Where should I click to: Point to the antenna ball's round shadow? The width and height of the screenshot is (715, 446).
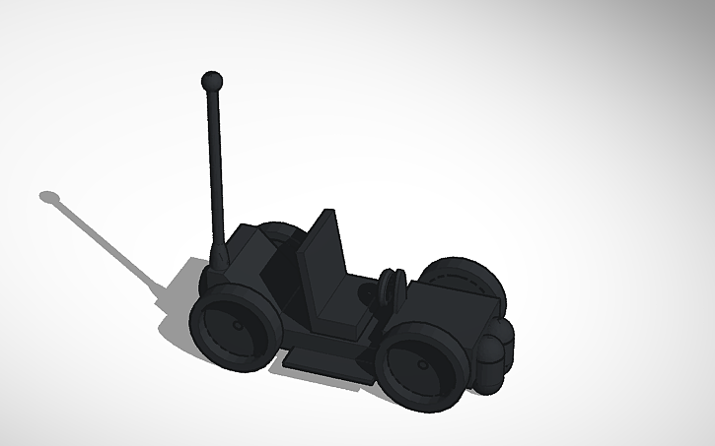point(50,197)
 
